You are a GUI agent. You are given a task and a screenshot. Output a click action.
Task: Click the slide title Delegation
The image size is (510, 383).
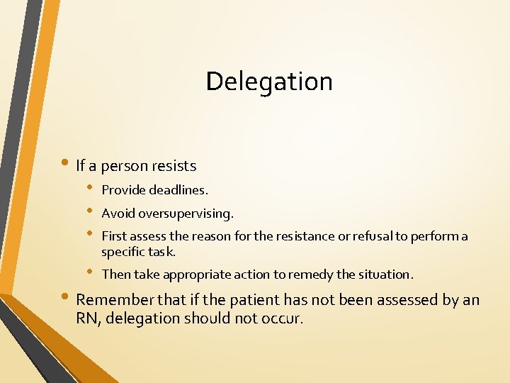point(269,82)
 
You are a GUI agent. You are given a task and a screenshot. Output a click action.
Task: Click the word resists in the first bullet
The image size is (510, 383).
point(174,166)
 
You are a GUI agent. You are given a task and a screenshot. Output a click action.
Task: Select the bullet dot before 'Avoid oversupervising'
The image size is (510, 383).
point(90,212)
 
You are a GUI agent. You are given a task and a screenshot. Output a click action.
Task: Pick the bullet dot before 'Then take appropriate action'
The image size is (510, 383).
point(90,272)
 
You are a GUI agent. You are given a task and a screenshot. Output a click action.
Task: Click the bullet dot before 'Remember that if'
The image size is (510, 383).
point(67,299)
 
